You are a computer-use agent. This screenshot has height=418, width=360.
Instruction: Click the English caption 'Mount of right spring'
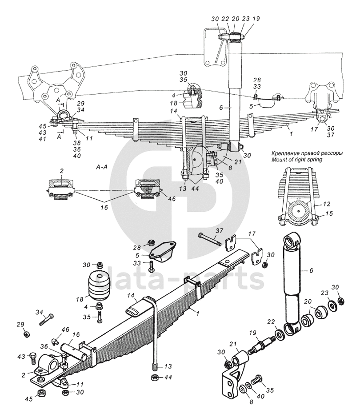296,160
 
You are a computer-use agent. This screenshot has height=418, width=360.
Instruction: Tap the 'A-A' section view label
101,167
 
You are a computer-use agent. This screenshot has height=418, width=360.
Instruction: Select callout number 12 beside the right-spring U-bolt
326,204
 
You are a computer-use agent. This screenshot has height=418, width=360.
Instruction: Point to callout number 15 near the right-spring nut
329,213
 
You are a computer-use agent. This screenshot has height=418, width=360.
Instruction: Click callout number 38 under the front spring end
77,143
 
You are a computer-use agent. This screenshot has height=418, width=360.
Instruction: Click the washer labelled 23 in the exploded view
332,305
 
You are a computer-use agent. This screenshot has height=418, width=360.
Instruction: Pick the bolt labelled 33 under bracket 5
152,266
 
